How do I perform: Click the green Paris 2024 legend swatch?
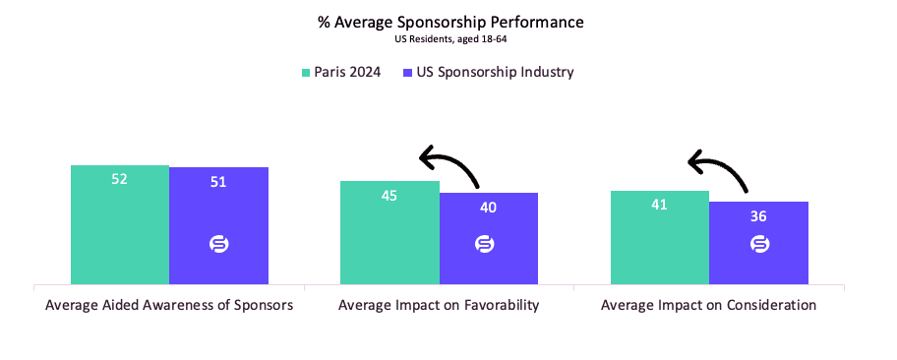(306, 73)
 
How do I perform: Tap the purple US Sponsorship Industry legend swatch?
(407, 73)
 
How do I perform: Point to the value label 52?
(120, 179)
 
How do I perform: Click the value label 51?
(218, 181)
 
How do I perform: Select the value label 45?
(389, 195)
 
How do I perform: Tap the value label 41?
(659, 205)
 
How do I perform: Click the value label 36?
(757, 215)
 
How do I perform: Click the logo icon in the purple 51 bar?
(218, 244)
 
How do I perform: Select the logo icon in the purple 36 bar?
(759, 244)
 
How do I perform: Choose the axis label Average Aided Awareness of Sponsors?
(169, 306)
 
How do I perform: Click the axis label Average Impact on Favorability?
(439, 306)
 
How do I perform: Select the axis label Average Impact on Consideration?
(708, 306)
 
